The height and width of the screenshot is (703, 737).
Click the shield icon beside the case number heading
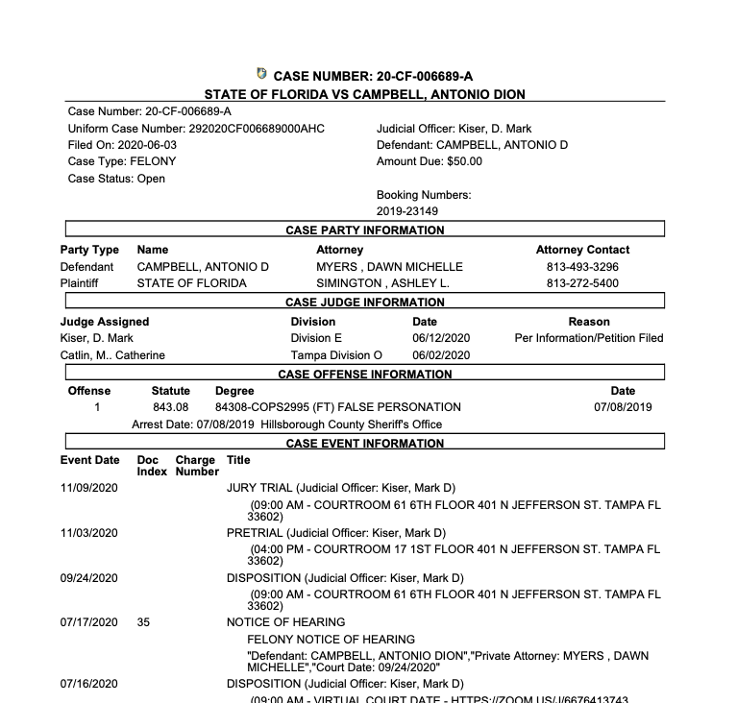(x=262, y=74)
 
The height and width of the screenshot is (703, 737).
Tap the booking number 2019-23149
(x=407, y=211)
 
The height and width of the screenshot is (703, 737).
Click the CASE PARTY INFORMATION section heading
(x=365, y=230)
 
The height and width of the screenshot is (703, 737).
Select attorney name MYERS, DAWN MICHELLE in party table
(x=389, y=266)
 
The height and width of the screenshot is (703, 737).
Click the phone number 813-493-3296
(x=582, y=266)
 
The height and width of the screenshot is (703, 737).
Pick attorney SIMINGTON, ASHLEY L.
(x=383, y=283)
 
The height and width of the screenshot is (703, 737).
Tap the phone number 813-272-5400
(x=582, y=283)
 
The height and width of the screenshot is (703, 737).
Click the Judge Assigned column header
(x=105, y=322)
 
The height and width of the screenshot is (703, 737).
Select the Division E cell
(x=316, y=338)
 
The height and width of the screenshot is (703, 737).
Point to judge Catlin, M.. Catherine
(x=112, y=355)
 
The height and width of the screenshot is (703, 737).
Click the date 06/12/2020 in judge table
(x=441, y=338)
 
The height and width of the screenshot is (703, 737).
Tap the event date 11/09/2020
(x=89, y=488)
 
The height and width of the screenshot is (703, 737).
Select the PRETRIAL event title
(x=255, y=533)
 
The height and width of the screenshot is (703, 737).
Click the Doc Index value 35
(x=143, y=622)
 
